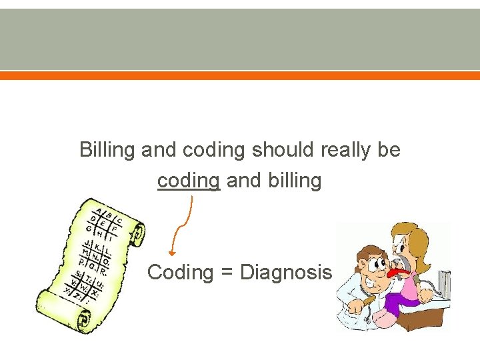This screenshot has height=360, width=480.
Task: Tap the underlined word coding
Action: tap(189, 181)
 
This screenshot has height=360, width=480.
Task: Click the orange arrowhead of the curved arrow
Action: tap(172, 253)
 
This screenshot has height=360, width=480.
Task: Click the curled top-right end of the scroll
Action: tap(137, 233)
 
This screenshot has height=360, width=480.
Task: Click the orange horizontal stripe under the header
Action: tap(240, 76)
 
